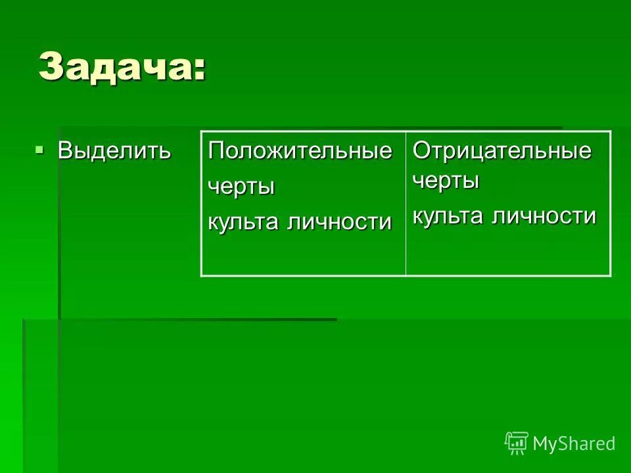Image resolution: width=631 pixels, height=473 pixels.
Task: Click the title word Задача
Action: click(114, 66)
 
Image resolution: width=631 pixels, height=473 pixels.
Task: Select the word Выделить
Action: click(114, 150)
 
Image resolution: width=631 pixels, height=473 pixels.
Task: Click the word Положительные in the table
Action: click(300, 151)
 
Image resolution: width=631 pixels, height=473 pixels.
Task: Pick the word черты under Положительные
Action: click(241, 187)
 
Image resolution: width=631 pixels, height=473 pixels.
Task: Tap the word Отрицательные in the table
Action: click(502, 150)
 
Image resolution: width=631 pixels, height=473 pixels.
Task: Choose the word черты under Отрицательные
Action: click(446, 181)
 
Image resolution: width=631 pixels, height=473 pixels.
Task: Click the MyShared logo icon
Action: click(517, 443)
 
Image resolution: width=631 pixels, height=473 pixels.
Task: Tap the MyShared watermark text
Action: click(574, 443)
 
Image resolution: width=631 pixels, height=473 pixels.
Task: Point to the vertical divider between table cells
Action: click(406, 204)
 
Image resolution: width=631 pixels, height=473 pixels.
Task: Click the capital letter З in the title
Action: click(51, 66)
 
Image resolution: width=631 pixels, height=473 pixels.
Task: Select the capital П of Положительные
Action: click(216, 151)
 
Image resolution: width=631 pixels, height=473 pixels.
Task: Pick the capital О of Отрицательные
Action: click(421, 150)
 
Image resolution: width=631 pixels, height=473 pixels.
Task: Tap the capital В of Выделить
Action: click(64, 150)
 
